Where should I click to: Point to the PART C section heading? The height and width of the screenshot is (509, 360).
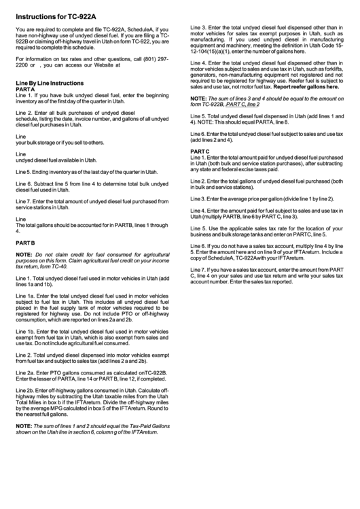pos(200,151)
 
